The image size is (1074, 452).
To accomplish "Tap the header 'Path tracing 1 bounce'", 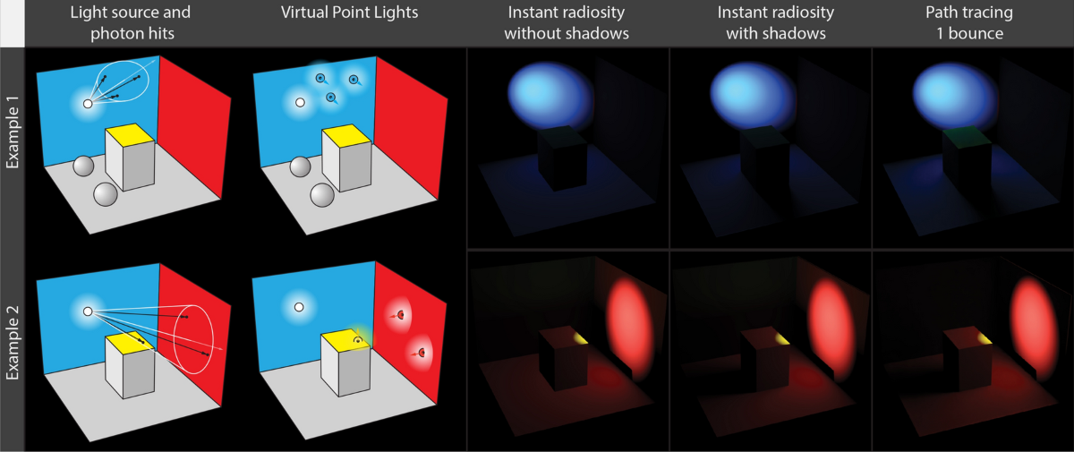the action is click(x=972, y=24).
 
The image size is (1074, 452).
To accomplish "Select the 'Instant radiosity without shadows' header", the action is click(x=567, y=24).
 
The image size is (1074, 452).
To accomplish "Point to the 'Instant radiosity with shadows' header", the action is click(x=770, y=24).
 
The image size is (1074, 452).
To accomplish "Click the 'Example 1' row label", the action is click(x=13, y=144).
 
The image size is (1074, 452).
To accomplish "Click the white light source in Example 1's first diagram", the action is click(x=88, y=104).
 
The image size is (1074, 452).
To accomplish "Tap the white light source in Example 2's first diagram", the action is click(x=88, y=311).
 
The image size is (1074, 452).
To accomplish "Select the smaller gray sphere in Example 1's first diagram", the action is click(x=83, y=166).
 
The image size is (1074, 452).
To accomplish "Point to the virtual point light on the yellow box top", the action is click(x=357, y=340).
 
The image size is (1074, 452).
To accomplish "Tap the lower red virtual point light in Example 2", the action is click(x=418, y=354).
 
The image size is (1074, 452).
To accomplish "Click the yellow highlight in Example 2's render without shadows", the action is click(x=580, y=337).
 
